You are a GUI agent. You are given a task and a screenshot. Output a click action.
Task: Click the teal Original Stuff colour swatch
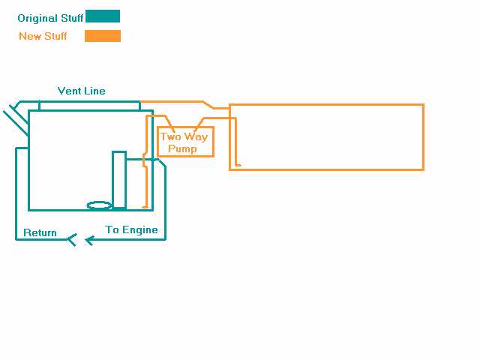(103, 16)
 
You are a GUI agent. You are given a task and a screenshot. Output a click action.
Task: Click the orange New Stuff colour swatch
(103, 36)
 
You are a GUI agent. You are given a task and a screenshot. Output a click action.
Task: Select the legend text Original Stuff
(50, 18)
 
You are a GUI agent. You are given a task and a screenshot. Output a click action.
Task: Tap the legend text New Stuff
(43, 36)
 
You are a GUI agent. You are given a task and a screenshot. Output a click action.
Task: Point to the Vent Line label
(82, 91)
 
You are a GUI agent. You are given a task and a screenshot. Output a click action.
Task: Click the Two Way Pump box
(185, 142)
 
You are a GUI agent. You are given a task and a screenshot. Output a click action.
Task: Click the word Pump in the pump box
(182, 148)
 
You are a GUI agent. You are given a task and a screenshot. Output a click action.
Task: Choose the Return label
(40, 232)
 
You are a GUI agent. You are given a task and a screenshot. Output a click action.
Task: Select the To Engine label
(131, 229)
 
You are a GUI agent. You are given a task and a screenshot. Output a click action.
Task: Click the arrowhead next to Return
(72, 240)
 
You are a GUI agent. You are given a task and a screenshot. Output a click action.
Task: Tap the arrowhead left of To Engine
(89, 240)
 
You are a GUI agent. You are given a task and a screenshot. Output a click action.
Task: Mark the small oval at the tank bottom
(100, 205)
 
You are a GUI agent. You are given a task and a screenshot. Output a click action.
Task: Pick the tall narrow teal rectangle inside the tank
(119, 179)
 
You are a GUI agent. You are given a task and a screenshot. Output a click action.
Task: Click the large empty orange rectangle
(327, 137)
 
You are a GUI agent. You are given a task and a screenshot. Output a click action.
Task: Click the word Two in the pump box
(171, 137)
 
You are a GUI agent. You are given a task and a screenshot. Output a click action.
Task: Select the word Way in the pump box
(196, 137)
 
